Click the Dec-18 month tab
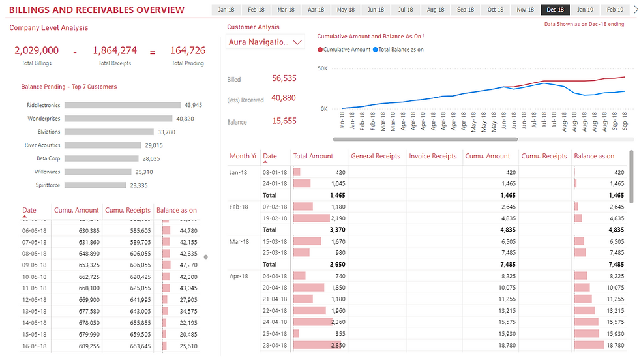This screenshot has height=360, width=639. [556, 10]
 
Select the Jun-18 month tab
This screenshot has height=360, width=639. [376, 10]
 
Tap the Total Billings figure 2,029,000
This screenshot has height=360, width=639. [37, 50]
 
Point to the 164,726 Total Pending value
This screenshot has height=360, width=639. [188, 50]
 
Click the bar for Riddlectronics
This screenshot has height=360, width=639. [123, 105]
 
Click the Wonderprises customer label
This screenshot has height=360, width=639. [44, 119]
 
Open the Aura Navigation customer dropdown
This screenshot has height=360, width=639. [265, 42]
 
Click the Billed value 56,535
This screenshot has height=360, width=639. [284, 78]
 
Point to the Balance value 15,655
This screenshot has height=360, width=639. [284, 121]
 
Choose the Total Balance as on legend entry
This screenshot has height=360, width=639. [401, 50]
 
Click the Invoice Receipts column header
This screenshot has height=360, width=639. [433, 157]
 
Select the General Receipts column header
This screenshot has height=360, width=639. [376, 157]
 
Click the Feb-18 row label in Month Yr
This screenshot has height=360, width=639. [239, 207]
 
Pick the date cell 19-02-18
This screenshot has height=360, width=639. [274, 218]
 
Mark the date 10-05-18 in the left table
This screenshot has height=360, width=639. [34, 277]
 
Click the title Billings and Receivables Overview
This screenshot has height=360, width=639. [97, 10]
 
